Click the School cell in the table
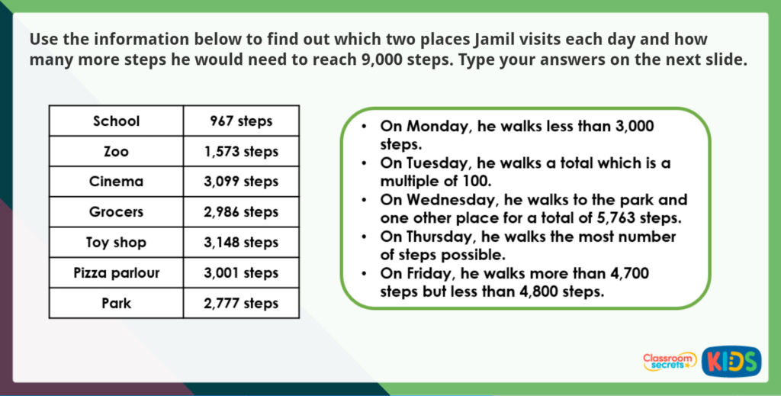pos(116,121)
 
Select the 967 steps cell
pos(241,121)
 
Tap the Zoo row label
pos(116,152)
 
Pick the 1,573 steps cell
pos(241,152)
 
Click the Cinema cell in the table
pos(116,182)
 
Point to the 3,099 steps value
pos(241,182)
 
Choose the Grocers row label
pos(116,212)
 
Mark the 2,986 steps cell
pos(241,212)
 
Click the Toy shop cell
pos(116,243)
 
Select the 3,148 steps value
pos(241,243)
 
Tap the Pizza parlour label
pos(116,272)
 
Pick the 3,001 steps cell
pos(241,272)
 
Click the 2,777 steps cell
pos(241,303)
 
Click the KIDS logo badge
pos(731,360)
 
